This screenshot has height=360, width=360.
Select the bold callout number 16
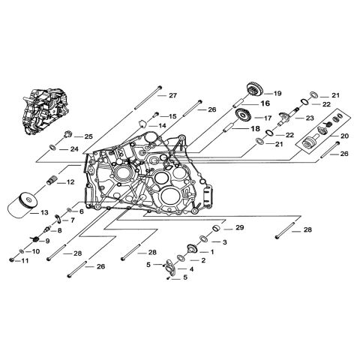pos(265,104)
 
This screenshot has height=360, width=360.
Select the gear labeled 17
pos(241,115)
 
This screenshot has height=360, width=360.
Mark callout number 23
pos(309,118)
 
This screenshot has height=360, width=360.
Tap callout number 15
pos(172,116)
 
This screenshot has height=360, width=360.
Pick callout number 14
pos(162,125)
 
